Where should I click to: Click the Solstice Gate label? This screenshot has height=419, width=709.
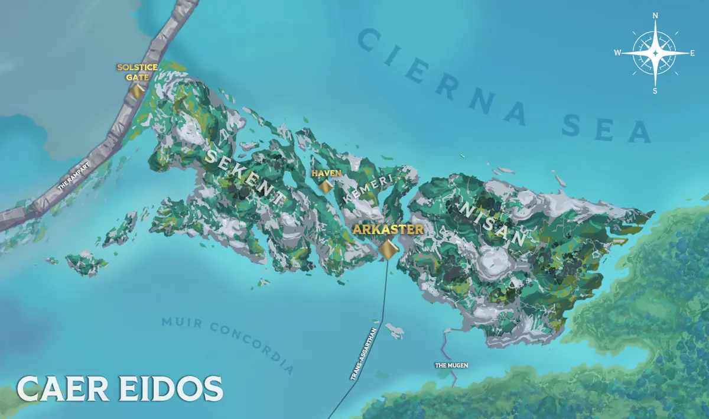137,72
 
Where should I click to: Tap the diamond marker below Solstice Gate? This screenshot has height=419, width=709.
138,91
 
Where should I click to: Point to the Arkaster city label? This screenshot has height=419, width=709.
388,229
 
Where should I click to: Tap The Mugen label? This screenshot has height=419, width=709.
451,365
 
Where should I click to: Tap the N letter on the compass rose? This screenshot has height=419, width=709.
655,17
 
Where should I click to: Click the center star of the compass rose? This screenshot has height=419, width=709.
655,53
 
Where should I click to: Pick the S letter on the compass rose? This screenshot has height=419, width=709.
655,90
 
